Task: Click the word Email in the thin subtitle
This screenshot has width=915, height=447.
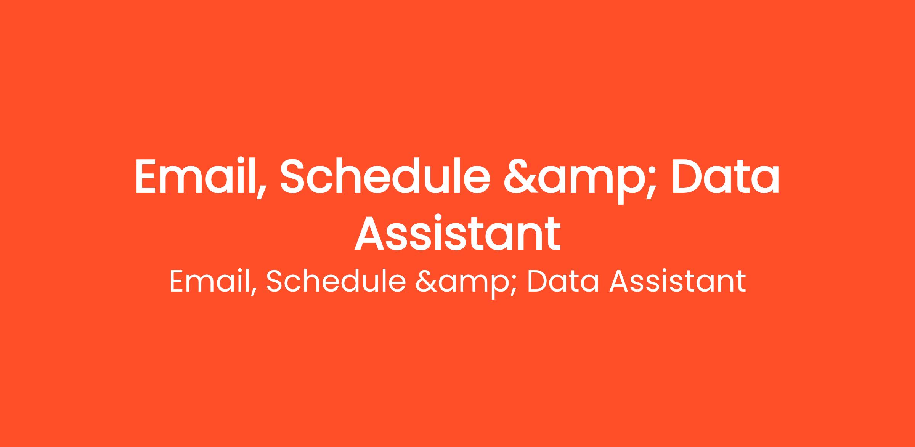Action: coord(212,282)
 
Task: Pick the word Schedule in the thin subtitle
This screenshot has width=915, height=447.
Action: coord(335,282)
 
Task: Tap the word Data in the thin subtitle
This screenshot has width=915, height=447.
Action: coord(562,282)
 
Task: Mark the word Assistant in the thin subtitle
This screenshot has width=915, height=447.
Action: coord(677,282)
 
